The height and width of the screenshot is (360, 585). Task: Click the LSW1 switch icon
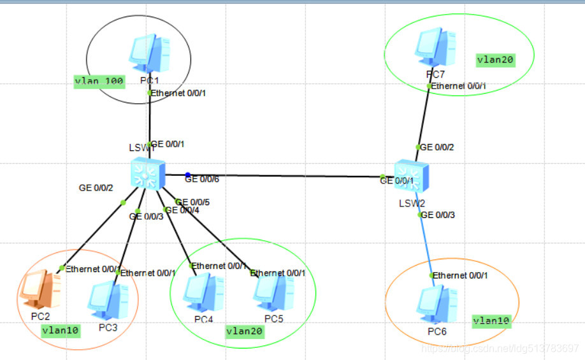(x=147, y=174)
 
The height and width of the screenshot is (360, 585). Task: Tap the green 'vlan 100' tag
(x=99, y=81)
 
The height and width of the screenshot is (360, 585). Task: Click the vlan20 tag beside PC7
(x=495, y=59)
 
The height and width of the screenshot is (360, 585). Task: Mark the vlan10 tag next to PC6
(x=491, y=320)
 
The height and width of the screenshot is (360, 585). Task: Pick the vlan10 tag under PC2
(x=61, y=330)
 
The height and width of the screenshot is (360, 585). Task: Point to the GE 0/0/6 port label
(x=202, y=180)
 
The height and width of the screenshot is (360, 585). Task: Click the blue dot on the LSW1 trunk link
(x=187, y=175)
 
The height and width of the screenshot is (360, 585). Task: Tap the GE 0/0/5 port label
(x=194, y=202)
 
